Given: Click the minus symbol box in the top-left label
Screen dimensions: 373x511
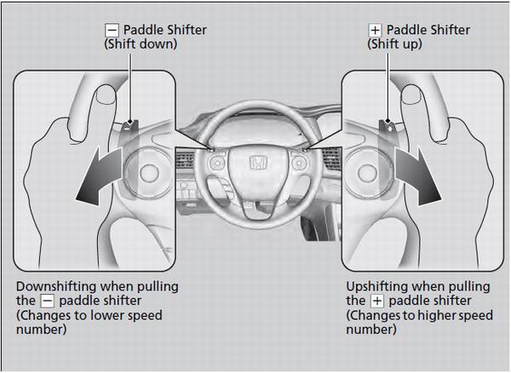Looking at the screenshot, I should pos(106,30).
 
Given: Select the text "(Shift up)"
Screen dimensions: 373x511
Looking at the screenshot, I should pos(397,44).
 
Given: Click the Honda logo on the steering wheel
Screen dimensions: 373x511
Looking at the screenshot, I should pos(255,163).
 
